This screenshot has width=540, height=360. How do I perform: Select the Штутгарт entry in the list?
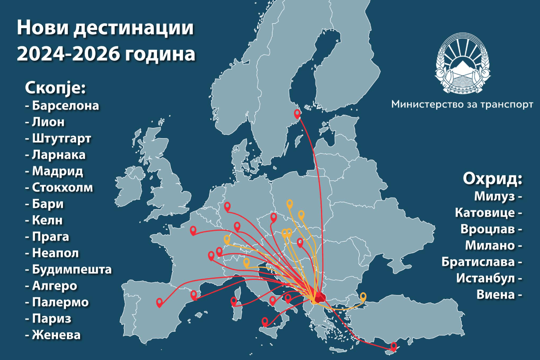tap(61, 139)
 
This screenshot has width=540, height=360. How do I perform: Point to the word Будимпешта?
tap(71, 269)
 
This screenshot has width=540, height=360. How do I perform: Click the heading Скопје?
tap(55, 88)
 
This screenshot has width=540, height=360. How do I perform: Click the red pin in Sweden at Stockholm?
tap(298, 114)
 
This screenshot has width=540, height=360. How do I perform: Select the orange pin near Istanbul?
tap(363, 296)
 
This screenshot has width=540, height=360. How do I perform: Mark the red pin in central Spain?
tap(159, 302)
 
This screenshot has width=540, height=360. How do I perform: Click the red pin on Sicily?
tap(265, 321)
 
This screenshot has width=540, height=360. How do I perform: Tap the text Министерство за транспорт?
tap(462, 104)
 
